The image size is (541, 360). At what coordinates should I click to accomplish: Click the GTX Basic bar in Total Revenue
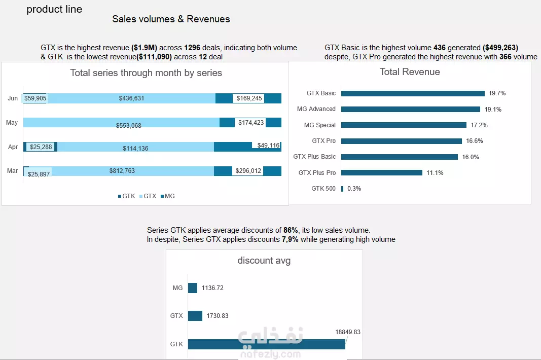(413, 93)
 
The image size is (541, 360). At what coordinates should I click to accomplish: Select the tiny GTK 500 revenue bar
(342, 189)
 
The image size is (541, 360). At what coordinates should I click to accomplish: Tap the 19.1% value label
(493, 110)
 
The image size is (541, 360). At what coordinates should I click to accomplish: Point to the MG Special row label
(319, 125)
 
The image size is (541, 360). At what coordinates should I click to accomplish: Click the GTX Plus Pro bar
(382, 172)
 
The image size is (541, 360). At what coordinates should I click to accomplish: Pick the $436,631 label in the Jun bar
(131, 98)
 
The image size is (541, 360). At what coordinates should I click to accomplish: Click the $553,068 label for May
(128, 126)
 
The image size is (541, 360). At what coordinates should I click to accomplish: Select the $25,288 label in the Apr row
(41, 147)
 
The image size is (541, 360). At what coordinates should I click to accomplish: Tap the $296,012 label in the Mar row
(248, 171)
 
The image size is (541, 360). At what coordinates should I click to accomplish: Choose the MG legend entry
(168, 196)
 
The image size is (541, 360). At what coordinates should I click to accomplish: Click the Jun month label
(13, 98)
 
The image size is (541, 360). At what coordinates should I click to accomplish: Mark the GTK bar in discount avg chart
(266, 344)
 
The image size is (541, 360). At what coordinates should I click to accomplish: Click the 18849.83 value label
(348, 332)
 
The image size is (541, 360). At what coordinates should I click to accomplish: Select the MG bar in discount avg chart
(193, 288)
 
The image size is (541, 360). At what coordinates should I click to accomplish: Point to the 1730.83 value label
(218, 316)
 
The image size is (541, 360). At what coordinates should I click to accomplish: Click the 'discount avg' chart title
(264, 261)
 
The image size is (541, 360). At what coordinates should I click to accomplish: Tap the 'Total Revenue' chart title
(410, 72)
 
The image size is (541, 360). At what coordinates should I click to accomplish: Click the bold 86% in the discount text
(291, 230)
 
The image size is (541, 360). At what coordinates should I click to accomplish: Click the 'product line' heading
(55, 9)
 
